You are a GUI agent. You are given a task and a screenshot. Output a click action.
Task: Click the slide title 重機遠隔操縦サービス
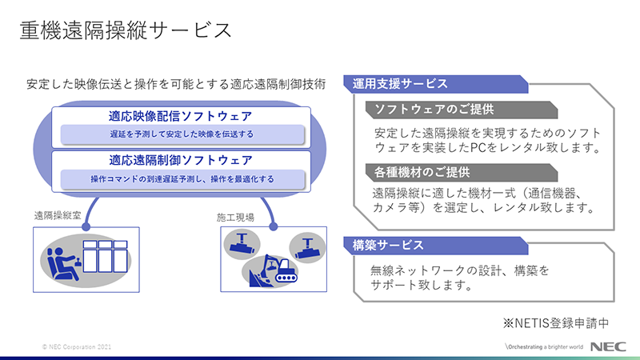click(x=126, y=30)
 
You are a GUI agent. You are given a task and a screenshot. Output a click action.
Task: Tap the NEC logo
click(x=608, y=346)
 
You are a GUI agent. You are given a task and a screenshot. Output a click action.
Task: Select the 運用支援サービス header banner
click(x=436, y=84)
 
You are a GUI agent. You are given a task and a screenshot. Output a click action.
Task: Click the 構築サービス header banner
click(x=436, y=246)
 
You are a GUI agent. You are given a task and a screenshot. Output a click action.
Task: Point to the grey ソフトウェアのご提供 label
click(x=462, y=110)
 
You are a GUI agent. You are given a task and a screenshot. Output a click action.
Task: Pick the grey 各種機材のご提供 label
click(x=462, y=173)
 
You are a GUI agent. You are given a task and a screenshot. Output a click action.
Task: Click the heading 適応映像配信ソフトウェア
click(x=181, y=116)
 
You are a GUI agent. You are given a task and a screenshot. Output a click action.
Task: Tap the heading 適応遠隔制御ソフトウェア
click(x=181, y=160)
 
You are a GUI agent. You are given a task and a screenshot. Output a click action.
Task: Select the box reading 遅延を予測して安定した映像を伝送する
click(x=182, y=134)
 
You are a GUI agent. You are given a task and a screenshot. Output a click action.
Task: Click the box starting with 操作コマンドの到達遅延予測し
click(x=182, y=179)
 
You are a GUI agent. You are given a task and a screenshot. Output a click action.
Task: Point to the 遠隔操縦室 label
click(x=58, y=215)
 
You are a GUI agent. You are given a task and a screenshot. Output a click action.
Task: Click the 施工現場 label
click(x=235, y=218)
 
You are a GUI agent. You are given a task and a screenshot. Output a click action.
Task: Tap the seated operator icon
click(x=62, y=264)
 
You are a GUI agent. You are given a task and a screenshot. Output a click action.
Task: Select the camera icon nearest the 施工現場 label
click(x=242, y=244)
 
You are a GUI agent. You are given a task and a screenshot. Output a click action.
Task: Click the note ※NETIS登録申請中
click(x=556, y=323)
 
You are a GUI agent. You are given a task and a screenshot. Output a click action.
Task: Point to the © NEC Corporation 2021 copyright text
click(x=76, y=347)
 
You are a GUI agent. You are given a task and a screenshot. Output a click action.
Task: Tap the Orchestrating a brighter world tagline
click(x=545, y=347)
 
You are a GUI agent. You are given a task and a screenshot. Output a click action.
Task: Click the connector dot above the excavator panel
click(x=274, y=226)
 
